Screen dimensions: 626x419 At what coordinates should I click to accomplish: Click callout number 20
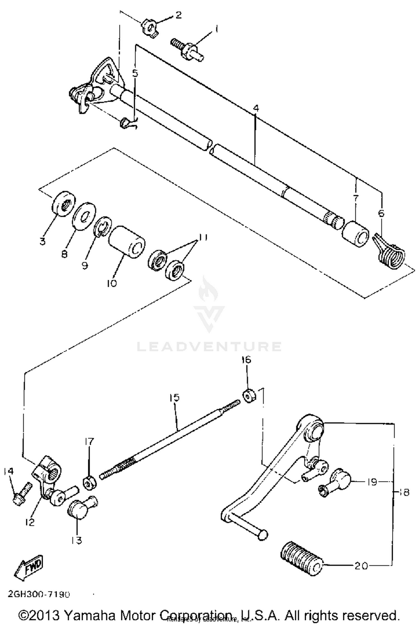(361, 566)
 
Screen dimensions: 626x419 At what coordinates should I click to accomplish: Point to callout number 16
(246, 360)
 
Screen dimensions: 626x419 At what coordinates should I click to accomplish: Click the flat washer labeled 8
(84, 216)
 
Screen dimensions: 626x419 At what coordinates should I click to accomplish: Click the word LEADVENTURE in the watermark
(209, 346)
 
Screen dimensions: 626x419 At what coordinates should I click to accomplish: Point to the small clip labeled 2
(149, 29)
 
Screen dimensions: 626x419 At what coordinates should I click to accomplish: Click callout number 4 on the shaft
(256, 108)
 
